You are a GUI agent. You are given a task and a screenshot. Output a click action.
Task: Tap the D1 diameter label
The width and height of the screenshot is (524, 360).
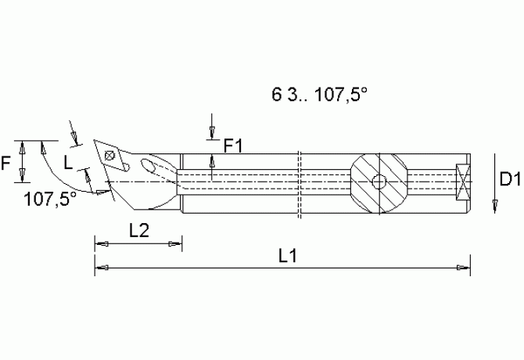coord(510,181)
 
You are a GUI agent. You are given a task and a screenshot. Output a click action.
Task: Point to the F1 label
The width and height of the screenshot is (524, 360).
coord(234,145)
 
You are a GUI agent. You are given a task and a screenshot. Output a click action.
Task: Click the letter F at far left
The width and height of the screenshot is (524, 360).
coord(6,164)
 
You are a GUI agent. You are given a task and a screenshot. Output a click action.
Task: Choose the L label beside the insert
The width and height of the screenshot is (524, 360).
coord(69,162)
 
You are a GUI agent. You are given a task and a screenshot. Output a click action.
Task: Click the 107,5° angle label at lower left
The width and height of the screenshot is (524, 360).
coord(50,198)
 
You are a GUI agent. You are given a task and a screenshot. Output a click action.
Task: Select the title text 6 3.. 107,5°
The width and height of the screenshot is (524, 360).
coord(319,95)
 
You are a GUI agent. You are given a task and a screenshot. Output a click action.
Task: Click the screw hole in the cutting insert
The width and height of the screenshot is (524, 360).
coord(112,156)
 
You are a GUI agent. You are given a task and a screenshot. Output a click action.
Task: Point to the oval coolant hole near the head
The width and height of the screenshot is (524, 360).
coord(149,165)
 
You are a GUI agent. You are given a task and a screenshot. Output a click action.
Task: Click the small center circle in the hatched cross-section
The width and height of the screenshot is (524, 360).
coord(379,182)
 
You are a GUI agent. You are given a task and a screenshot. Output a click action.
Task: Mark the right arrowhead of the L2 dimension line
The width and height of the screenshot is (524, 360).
coord(178,243)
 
